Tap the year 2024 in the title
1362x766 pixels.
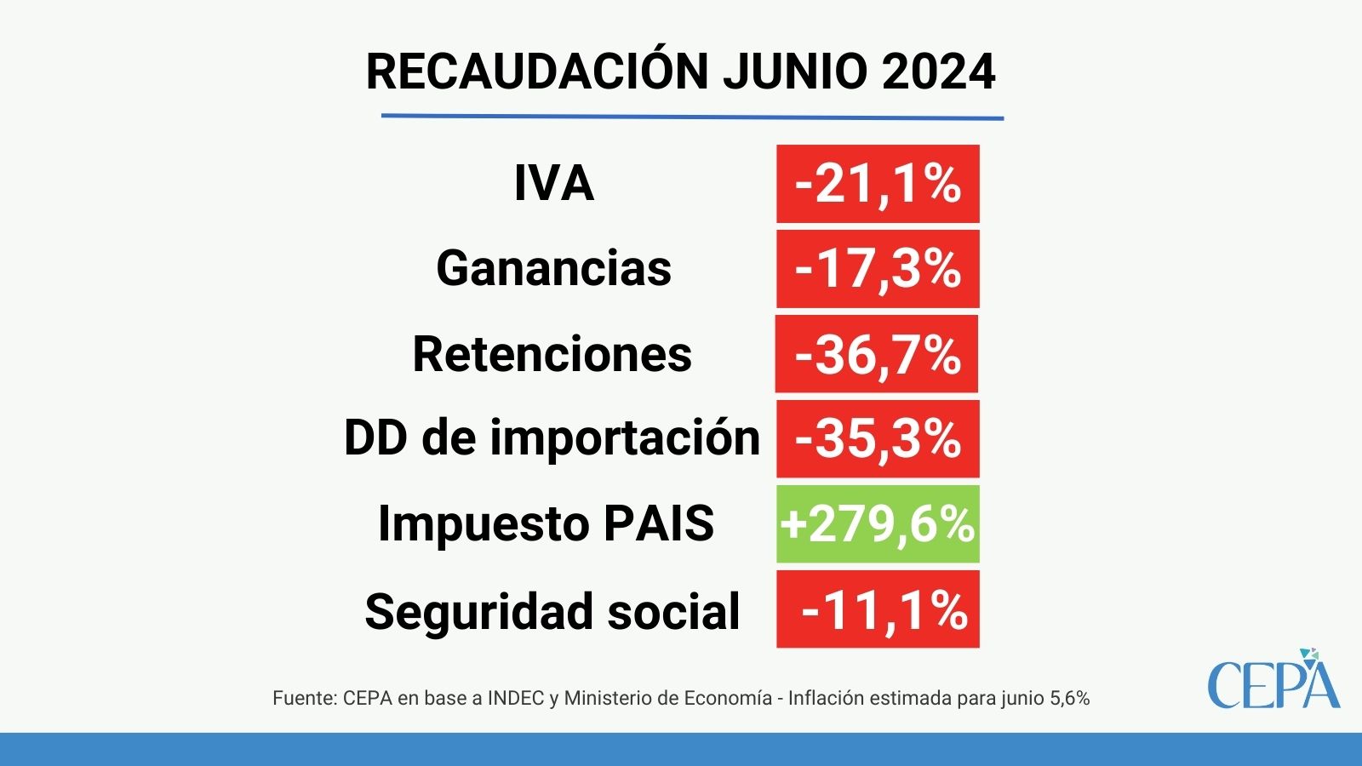click(937, 71)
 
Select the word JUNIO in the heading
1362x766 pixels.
click(795, 71)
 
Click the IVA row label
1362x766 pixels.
click(554, 183)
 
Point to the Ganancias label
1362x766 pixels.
click(554, 268)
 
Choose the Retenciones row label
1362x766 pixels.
click(552, 354)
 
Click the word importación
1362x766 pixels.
click(625, 439)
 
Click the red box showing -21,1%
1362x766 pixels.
click(878, 184)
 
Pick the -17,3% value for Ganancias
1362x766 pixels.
click(878, 269)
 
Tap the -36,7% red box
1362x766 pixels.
click(877, 354)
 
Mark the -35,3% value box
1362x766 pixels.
click(878, 439)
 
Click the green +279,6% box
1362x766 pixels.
click(878, 524)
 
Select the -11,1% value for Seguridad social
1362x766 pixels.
click(878, 609)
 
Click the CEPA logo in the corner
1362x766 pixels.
click(1273, 679)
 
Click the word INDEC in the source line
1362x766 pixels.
click(516, 698)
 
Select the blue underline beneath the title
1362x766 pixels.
click(693, 117)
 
